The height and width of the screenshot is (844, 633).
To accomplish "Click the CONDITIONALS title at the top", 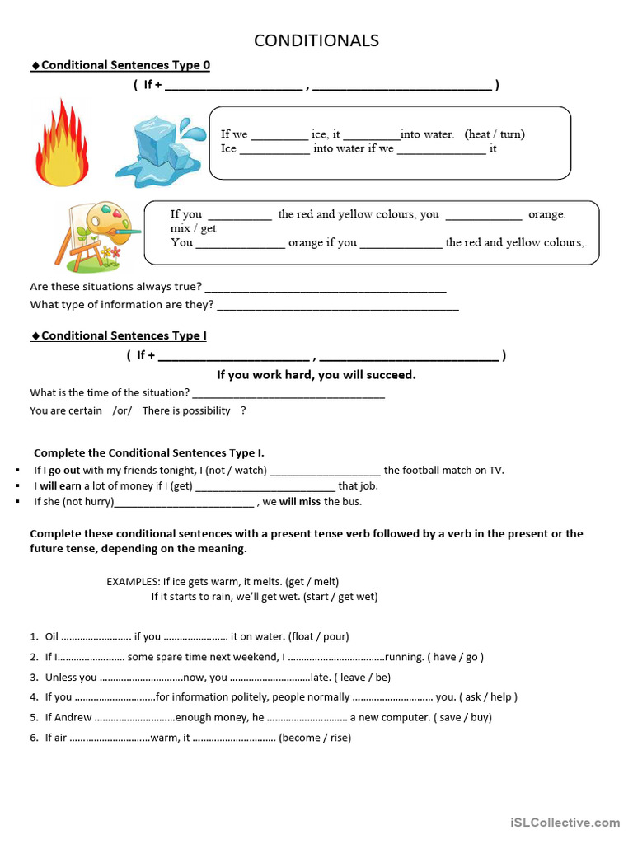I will coord(316,40).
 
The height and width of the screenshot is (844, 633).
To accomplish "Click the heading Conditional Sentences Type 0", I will coord(125,65).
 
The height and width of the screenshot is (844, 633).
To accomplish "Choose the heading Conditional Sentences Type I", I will coord(124,335).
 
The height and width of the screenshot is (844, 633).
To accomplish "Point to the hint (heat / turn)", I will coord(495,134).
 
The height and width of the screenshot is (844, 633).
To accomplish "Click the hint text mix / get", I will coord(194,228).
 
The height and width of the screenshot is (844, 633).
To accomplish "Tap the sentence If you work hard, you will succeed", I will coord(316,374).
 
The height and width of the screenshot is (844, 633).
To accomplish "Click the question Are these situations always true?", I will coord(115,287).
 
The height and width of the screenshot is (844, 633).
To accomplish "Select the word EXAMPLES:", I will coord(133,581).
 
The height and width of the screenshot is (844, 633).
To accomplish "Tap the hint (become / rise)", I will coord(315,738).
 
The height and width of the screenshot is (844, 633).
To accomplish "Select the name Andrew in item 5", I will coord(75,717).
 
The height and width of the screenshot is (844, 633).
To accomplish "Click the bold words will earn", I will coord(60,485).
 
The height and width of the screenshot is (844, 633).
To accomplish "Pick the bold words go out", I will coord(64,470).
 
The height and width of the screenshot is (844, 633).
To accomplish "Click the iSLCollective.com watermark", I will coord(565,822).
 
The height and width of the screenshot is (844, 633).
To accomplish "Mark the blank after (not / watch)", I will coord(325,471).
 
